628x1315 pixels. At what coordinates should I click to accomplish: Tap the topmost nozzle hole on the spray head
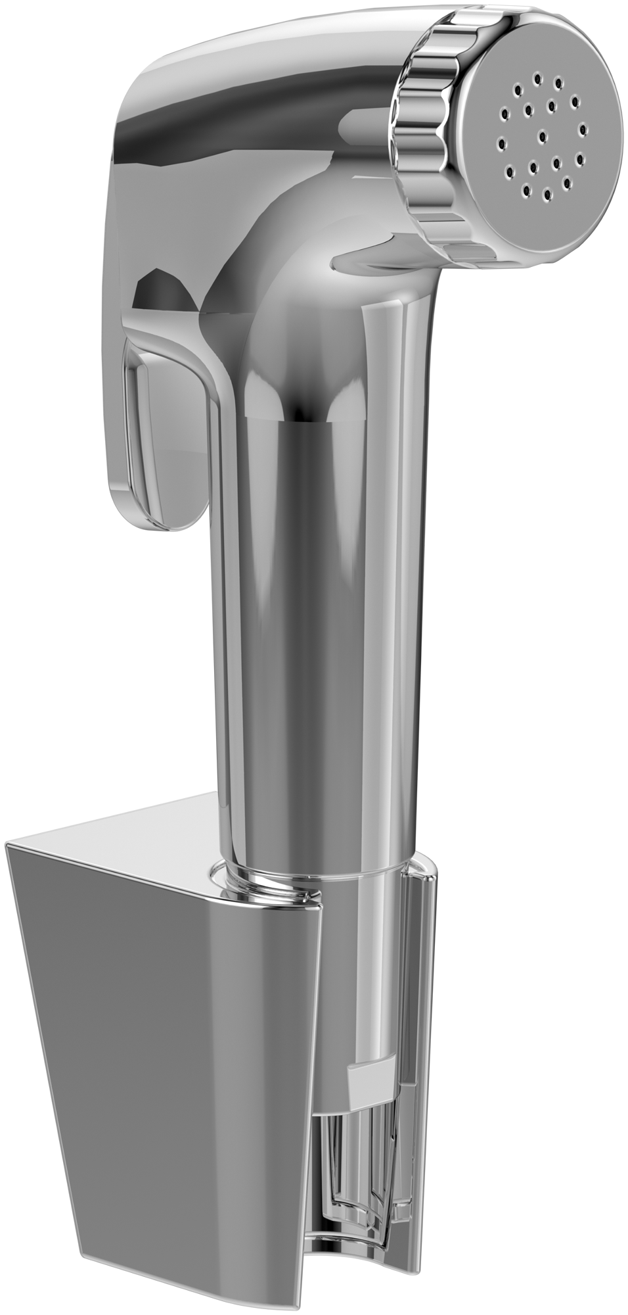point(537,79)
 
